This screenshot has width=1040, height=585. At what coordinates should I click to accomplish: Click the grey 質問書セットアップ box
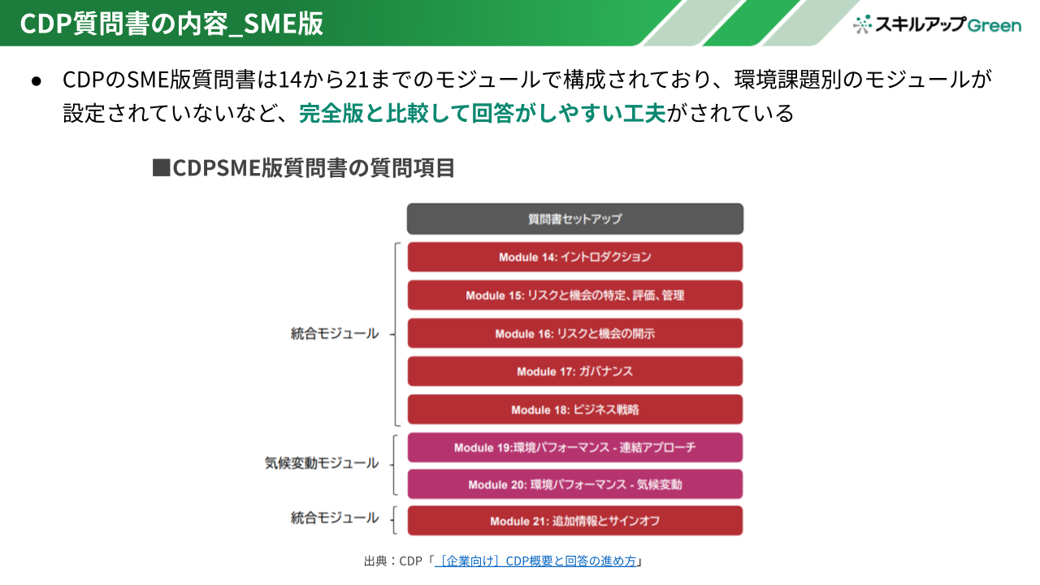[x=574, y=219]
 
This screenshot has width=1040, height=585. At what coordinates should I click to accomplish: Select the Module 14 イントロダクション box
[x=574, y=257]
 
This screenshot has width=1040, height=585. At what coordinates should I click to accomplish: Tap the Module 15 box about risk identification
[x=574, y=295]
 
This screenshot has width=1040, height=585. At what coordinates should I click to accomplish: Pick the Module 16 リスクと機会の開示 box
[x=574, y=333]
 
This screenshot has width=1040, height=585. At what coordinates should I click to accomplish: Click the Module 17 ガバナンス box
[x=574, y=371]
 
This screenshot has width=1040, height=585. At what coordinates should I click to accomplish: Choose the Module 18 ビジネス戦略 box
[x=574, y=409]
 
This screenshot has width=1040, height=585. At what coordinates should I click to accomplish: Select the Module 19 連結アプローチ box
[x=574, y=447]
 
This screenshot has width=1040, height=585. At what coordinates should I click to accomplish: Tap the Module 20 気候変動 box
[x=574, y=484]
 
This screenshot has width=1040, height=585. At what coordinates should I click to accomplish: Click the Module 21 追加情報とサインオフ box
[x=574, y=521]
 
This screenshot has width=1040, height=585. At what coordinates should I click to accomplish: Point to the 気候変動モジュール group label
[x=321, y=463]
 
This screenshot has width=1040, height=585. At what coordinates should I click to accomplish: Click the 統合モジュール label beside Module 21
[x=334, y=518]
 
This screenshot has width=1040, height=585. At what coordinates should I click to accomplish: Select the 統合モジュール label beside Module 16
[x=334, y=333]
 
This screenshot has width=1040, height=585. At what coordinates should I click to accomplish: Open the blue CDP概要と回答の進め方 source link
[x=535, y=561]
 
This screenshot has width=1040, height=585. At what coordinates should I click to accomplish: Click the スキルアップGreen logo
[x=937, y=24]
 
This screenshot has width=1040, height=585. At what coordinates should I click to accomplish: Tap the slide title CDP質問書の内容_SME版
[x=171, y=24]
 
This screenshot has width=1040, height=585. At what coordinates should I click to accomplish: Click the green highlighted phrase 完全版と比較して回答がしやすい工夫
[x=483, y=113]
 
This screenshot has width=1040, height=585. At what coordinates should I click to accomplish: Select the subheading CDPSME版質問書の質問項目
[x=304, y=167]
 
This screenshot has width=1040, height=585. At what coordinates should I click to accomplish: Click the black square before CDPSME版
[x=161, y=167]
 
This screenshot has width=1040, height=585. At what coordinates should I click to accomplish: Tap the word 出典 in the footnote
[x=375, y=561]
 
